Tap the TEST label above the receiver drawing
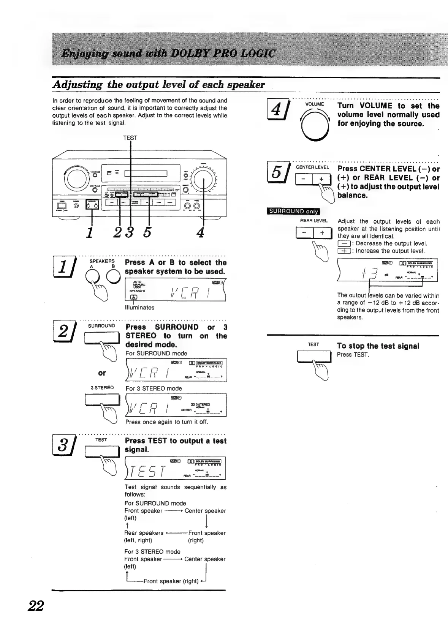pos(130,138)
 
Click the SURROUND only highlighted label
pos(294,212)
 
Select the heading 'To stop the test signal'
pos(378,346)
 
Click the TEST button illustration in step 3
pos(101,452)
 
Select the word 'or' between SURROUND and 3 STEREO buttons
pos(101,373)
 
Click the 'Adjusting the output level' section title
pos(158,84)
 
